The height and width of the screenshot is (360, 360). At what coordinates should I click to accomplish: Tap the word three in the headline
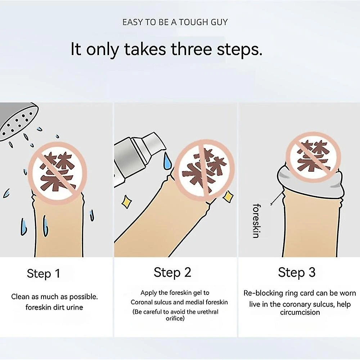(x=192, y=49)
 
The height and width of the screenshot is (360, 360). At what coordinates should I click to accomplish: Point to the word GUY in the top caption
(x=219, y=22)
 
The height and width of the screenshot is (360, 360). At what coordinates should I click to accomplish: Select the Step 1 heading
(x=44, y=274)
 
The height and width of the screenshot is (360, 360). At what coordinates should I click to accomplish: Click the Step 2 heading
(x=172, y=273)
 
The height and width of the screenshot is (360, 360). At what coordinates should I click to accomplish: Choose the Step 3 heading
(x=297, y=273)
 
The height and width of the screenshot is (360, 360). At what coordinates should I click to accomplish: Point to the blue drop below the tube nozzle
(x=167, y=162)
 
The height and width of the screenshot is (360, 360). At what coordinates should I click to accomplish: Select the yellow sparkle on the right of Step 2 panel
(x=228, y=196)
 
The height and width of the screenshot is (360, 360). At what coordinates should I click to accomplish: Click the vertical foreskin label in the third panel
(x=256, y=221)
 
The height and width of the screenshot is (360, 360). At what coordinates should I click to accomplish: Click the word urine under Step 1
(x=74, y=307)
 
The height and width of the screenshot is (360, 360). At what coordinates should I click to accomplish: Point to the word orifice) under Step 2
(x=175, y=319)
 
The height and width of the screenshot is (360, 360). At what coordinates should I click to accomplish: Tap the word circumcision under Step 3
(x=300, y=312)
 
